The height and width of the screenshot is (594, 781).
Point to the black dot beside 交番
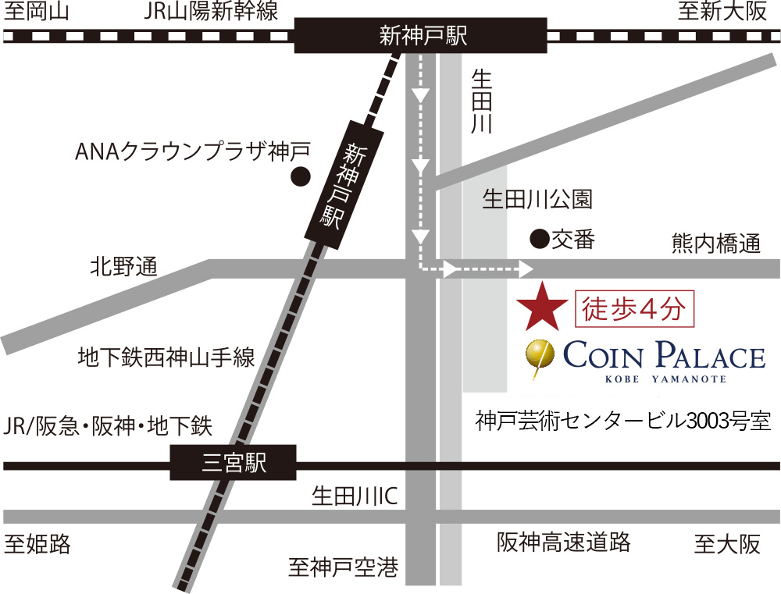point(537,237)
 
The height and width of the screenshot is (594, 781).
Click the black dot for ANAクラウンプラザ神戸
point(298,177)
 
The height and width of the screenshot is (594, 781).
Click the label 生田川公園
point(537,200)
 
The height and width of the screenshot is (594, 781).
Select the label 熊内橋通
point(715,244)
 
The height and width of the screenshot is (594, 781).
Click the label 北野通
point(123,268)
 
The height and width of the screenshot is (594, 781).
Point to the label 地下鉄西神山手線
point(166,358)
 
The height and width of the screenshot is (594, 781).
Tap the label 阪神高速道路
point(564,542)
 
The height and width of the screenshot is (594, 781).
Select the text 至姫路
point(37,543)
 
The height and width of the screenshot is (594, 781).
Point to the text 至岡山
point(37,12)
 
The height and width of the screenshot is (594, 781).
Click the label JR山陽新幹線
point(212,12)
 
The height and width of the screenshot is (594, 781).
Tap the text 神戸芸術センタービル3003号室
point(623,422)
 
